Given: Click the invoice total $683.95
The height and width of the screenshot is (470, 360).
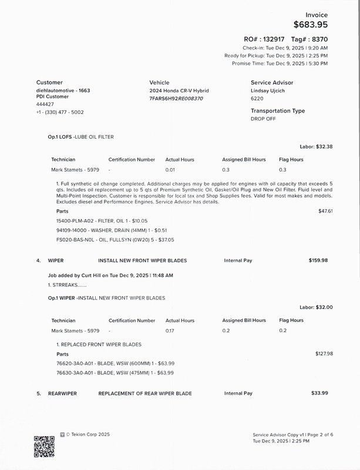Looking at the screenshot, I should pos(310,25).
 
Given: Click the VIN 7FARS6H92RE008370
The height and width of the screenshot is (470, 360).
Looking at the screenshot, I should pos(176,99).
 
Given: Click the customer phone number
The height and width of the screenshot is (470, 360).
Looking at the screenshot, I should pos(60,112).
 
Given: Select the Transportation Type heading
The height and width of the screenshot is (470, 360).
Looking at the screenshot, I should pos(278,111).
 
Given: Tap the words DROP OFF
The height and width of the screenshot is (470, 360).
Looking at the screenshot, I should pos(263,119).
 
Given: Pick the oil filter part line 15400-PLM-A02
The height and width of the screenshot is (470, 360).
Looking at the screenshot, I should pos(97,220).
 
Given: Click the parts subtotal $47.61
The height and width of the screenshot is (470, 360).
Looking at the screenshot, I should pos(325,210).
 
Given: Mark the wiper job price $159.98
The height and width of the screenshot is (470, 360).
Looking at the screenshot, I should pos(318,260).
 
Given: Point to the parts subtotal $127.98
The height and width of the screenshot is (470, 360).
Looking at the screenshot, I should pos(324,354).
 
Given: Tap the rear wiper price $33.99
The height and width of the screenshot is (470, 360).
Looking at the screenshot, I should pos(319,393).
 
